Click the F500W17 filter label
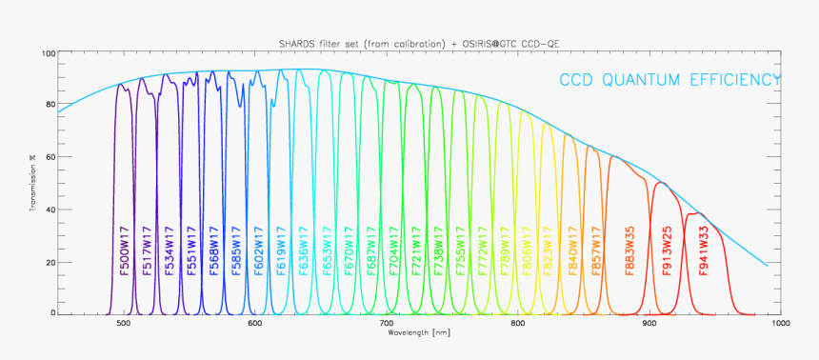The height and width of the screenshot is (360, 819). [124, 250]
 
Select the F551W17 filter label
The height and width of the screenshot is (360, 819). [191, 250]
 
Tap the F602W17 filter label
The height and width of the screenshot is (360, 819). [259, 250]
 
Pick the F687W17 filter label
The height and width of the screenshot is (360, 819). [371, 250]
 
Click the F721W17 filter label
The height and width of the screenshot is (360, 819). [416, 250]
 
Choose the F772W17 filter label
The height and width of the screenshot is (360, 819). [483, 250]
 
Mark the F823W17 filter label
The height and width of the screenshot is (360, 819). [549, 250]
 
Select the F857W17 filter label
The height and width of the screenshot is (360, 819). [596, 250]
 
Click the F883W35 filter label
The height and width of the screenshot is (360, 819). [630, 250]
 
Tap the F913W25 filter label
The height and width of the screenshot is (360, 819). [669, 250]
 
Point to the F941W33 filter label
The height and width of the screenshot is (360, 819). [704, 250]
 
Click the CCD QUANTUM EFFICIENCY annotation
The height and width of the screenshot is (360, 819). [669, 80]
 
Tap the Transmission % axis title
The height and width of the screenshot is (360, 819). [32, 183]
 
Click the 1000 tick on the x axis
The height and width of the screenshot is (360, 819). [779, 324]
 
